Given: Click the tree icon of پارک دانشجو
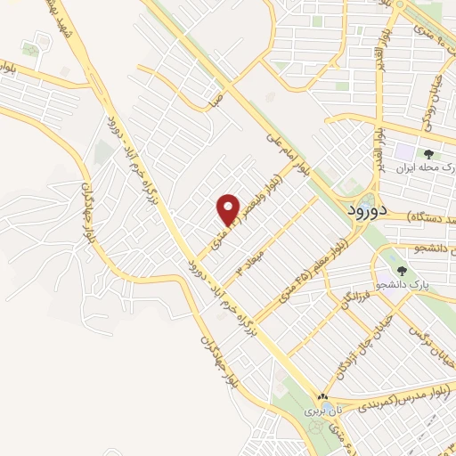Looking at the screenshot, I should (403, 271).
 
